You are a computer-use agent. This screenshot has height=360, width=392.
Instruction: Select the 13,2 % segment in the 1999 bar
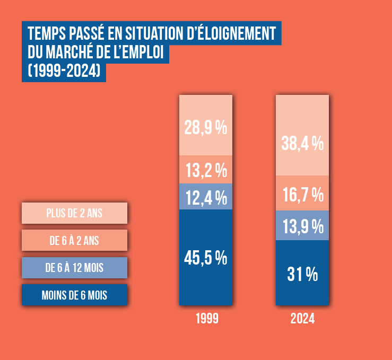[206, 169]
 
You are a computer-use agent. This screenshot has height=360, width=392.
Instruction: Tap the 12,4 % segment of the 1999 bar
[206, 197]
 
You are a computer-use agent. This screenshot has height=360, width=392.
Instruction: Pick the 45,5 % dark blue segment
[206, 257]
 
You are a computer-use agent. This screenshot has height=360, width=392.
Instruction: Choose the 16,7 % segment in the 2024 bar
[302, 194]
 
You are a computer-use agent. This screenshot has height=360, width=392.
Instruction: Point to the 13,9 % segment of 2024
[302, 226]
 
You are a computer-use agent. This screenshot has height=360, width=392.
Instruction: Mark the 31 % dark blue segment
[302, 273]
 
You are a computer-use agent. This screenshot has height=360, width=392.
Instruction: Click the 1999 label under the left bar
[207, 319]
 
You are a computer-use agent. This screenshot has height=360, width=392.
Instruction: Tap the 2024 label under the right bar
[302, 319]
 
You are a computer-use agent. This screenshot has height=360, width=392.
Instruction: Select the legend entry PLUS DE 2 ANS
[74, 213]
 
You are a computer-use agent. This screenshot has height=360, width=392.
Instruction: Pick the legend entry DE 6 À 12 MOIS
[74, 268]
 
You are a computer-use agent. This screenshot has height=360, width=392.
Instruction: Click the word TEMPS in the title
[46, 33]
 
